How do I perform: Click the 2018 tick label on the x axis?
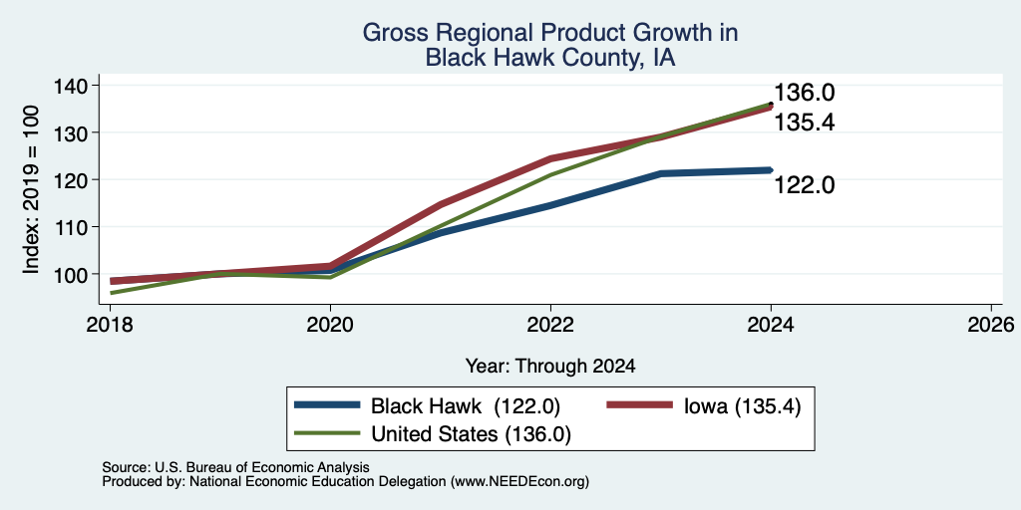click(110, 325)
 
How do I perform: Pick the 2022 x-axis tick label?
click(550, 325)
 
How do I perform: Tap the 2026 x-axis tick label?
click(991, 325)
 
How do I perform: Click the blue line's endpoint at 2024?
click(771, 169)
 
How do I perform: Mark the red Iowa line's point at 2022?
click(550, 158)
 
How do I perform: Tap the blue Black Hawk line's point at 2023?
click(661, 173)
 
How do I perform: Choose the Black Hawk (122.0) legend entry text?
click(466, 406)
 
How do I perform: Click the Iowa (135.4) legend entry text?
click(742, 406)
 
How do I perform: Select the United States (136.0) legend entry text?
click(471, 434)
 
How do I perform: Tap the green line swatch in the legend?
click(327, 433)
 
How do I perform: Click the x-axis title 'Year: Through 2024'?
click(550, 367)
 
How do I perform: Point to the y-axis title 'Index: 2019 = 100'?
click(31, 189)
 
